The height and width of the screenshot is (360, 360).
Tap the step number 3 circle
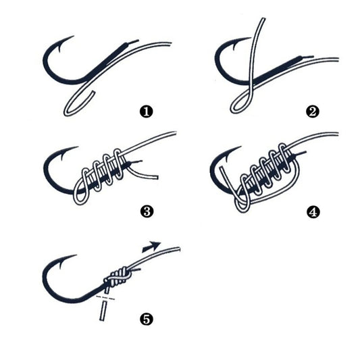[x=145, y=211]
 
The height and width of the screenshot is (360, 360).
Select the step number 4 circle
[x=312, y=211]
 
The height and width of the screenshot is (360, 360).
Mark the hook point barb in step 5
[x=59, y=261]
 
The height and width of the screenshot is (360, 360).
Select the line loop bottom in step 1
[x=67, y=109]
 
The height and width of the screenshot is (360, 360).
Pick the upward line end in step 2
[x=258, y=23]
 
